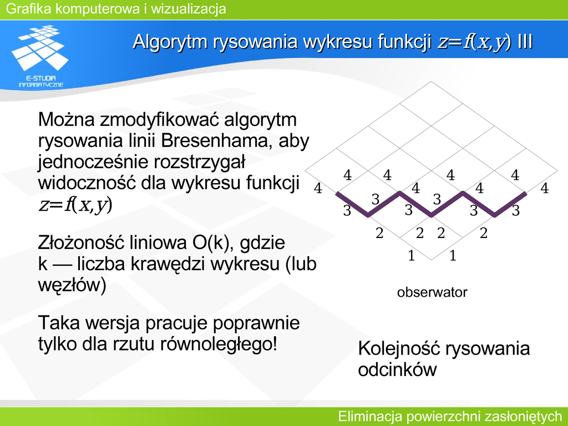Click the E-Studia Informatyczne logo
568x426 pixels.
coord(40,56)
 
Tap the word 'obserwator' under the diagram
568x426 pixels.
coord(432,292)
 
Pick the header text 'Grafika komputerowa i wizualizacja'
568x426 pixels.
coord(116,9)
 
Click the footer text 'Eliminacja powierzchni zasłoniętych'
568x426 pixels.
coord(450,416)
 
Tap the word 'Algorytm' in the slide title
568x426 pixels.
coord(170,42)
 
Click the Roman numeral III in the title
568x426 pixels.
coord(525,41)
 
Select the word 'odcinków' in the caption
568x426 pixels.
coord(397,370)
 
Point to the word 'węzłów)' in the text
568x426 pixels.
coord(72,285)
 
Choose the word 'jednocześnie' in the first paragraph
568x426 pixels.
coord(93,163)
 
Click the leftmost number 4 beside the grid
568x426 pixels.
coord(318,189)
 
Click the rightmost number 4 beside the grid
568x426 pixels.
coord(545,189)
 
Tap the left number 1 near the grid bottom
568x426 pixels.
coord(411,256)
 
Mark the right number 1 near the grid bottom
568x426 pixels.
coord(453,256)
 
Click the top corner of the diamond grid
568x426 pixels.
coord(431,82)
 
